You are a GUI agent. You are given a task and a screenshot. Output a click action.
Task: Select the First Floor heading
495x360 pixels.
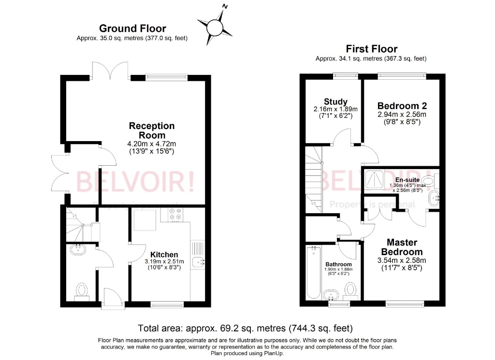[371, 49]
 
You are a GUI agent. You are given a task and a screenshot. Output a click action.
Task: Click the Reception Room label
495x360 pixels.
[151, 130]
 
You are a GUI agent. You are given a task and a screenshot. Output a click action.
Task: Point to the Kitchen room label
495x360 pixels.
[164, 254]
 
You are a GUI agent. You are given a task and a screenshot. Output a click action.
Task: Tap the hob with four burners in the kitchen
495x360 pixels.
[176, 213]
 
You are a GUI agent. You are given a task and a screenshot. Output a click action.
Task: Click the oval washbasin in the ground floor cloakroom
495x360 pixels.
[77, 249]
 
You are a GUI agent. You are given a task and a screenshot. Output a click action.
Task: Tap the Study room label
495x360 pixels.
[335, 101]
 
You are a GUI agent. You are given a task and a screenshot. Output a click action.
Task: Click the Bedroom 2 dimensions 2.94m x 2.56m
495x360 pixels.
[402, 115]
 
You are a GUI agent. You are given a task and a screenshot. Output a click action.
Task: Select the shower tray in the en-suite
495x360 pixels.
[375, 179]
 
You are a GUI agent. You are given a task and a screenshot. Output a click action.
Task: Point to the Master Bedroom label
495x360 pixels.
[401, 247]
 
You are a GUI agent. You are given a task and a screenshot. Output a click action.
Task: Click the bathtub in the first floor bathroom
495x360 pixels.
[314, 273]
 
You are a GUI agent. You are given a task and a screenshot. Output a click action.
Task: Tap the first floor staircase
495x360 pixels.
[314, 179]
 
